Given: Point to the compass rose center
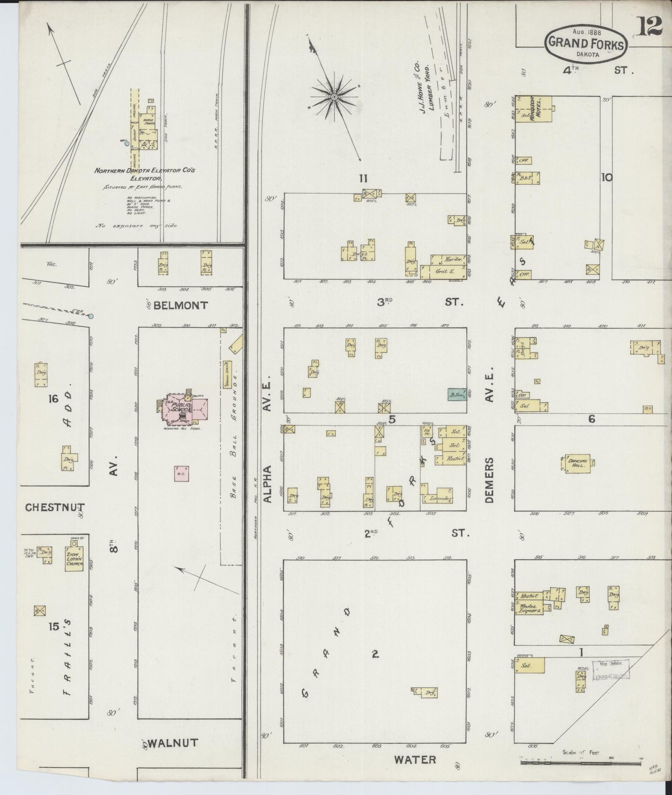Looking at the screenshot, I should coord(334,97).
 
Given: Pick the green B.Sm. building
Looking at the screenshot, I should coord(456,395).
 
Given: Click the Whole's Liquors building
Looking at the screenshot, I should coord(530,609).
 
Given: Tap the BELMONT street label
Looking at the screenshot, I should coord(180,305).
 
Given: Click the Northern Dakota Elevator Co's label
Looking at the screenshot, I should coord(144,171).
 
